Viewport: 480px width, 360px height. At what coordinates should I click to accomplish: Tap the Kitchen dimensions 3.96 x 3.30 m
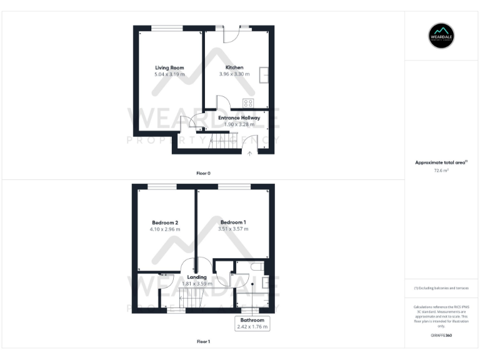point(234,74)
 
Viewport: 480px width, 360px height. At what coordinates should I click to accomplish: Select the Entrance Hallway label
point(239,117)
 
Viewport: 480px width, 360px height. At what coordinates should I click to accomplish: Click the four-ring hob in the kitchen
point(248,103)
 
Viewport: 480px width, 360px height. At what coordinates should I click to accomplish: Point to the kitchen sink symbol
point(266,74)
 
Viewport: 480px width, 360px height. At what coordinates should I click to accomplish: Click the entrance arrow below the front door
point(249,152)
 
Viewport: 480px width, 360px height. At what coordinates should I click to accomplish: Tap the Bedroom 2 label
point(165,222)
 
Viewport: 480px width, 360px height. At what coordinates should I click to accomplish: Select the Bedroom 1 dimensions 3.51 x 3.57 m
point(233,229)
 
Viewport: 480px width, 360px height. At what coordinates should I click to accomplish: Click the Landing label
point(197,277)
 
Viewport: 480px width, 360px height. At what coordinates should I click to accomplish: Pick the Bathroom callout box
point(252,323)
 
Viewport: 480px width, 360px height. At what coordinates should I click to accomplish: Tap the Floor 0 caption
point(203,172)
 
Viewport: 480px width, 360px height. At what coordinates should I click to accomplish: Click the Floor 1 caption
point(203,342)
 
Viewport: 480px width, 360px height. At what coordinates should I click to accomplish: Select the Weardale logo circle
point(441,36)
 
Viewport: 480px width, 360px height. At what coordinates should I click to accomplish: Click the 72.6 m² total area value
point(441,170)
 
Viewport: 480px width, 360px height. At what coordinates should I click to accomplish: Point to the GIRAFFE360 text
point(441,336)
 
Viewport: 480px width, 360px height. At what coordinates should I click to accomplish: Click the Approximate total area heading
point(441,162)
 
